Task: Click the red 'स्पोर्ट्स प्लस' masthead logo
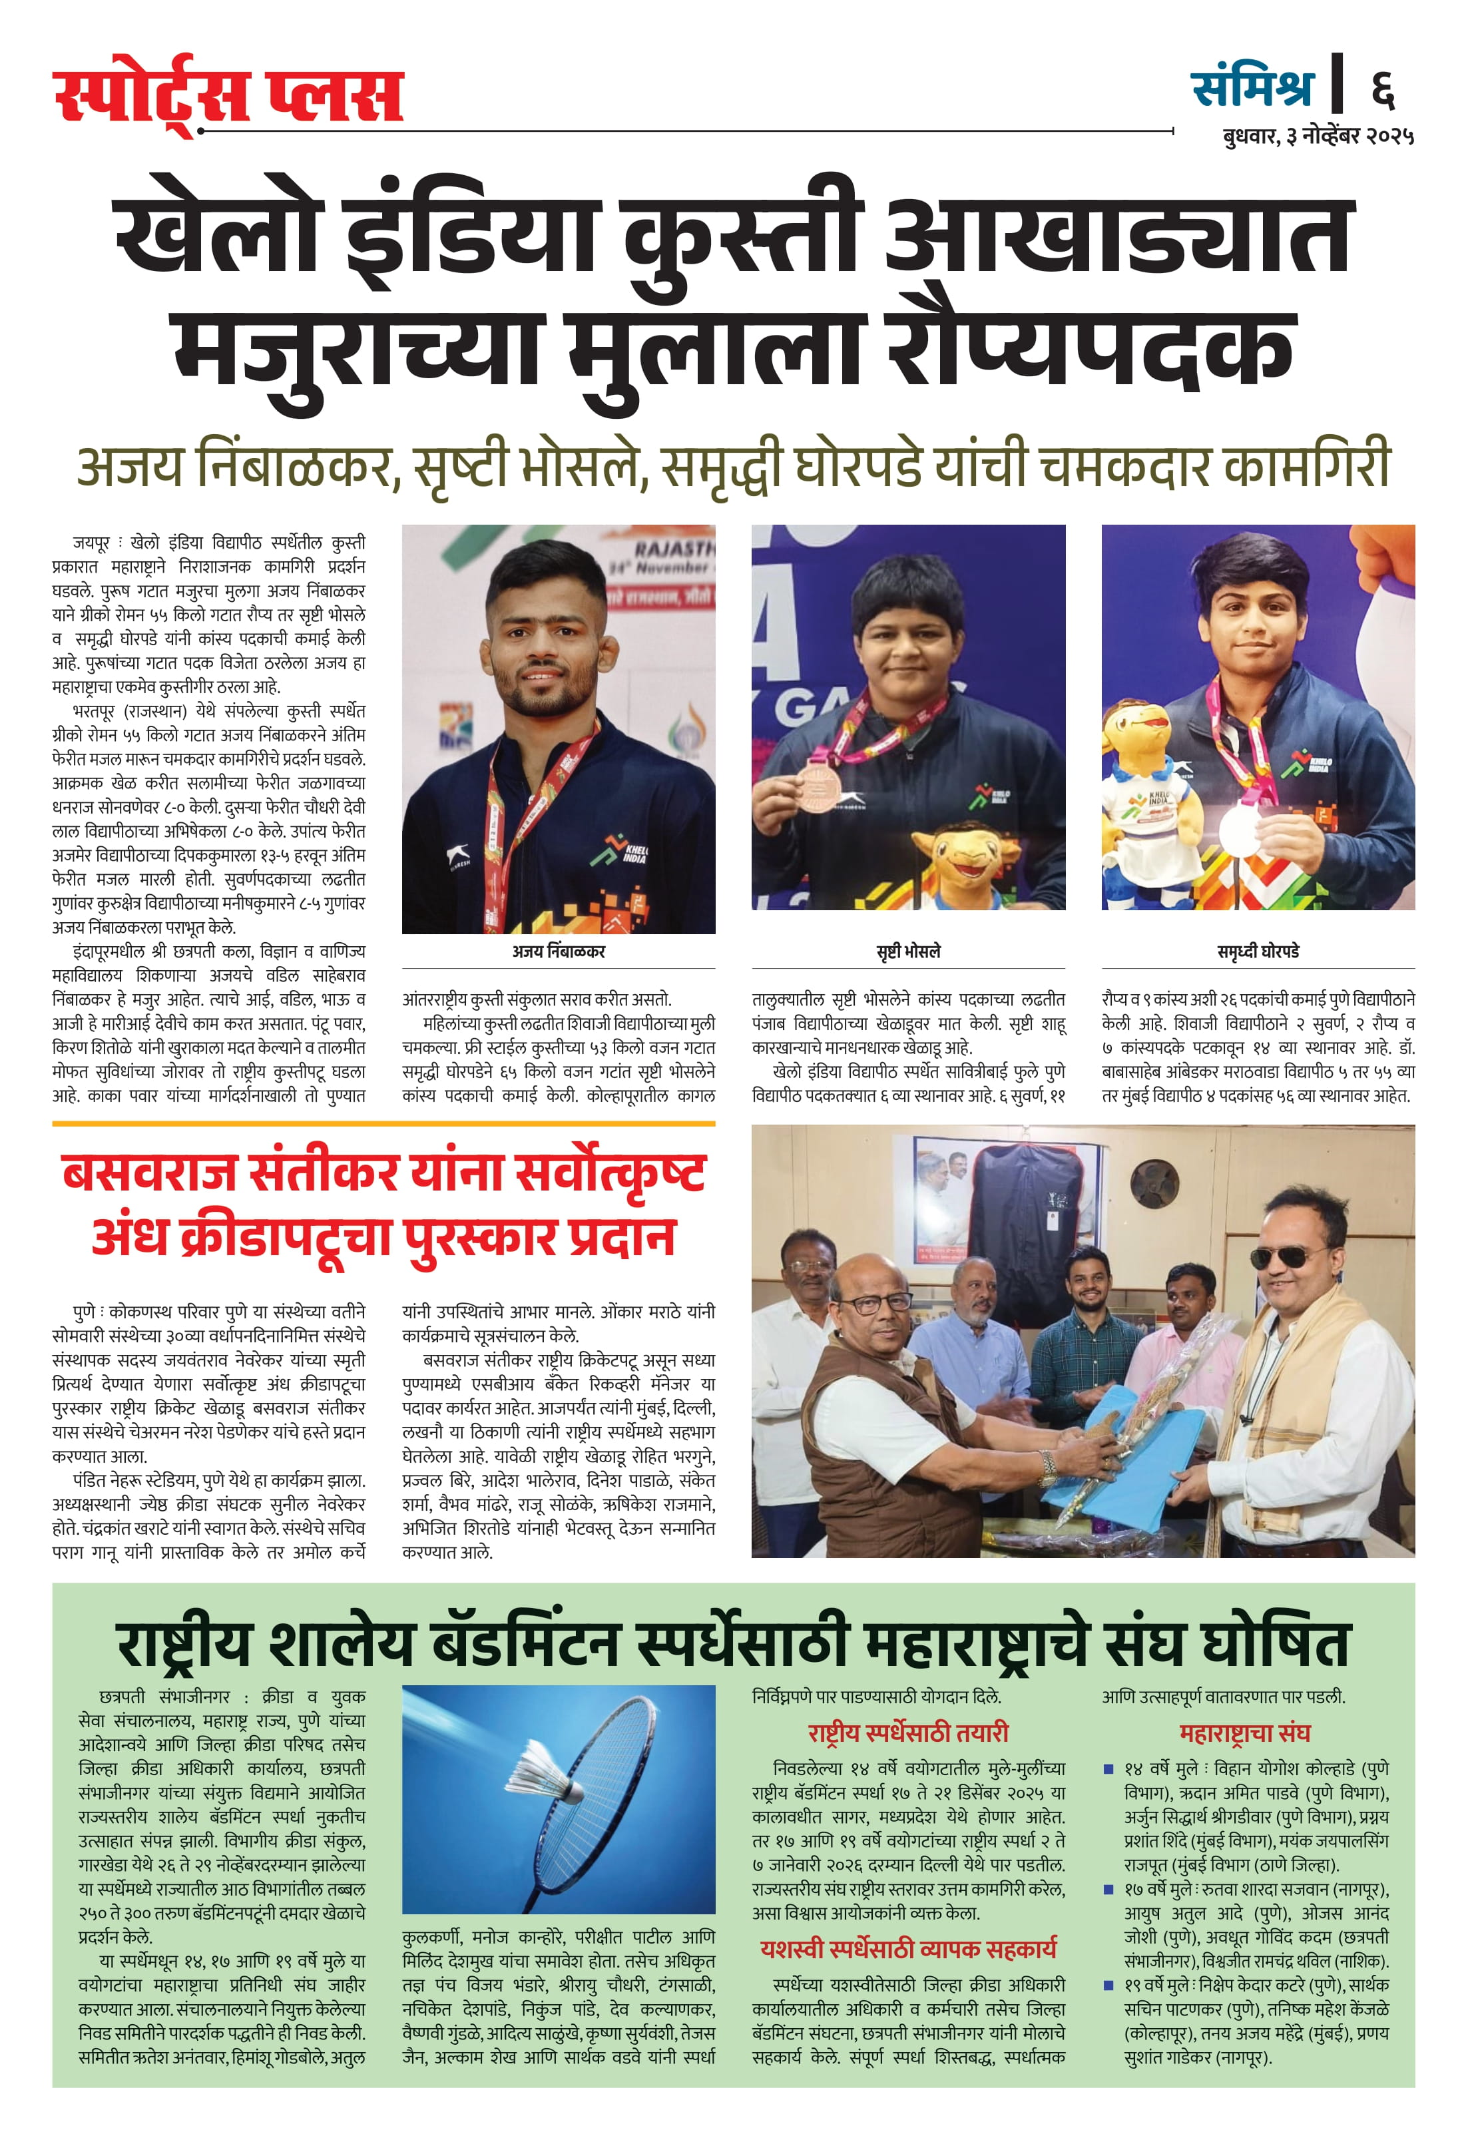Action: click(x=228, y=95)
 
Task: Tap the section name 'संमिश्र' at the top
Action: click(x=1252, y=88)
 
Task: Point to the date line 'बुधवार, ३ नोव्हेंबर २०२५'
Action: click(x=1318, y=136)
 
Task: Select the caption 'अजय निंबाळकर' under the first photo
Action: click(x=558, y=951)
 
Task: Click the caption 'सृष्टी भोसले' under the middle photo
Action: click(x=907, y=951)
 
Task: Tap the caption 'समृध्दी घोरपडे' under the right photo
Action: click(x=1258, y=951)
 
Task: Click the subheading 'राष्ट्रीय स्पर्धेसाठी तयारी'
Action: click(x=907, y=1733)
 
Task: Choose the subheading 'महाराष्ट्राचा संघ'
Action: click(x=1244, y=1733)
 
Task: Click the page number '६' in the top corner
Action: click(x=1382, y=89)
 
